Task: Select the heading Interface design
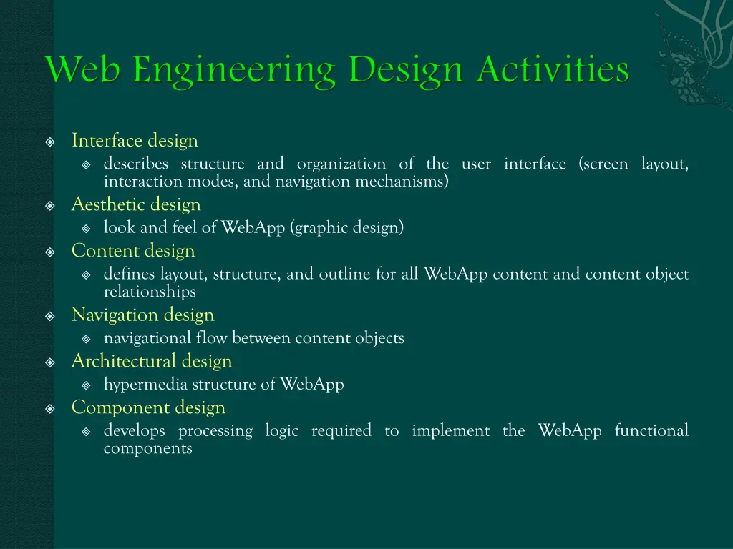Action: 135,141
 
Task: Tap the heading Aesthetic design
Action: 136,204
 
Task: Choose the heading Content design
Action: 133,251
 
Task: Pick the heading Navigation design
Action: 142,315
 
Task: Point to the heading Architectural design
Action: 152,361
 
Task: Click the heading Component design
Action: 148,407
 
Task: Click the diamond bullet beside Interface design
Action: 50,142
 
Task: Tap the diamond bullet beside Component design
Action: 50,408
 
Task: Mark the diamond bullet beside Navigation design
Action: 50,315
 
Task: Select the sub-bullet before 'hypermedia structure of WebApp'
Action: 86,385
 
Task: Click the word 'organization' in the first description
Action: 341,164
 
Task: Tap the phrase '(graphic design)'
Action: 347,228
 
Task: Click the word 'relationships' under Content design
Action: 150,292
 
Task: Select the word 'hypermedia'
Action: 145,385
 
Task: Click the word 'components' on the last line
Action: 148,448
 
